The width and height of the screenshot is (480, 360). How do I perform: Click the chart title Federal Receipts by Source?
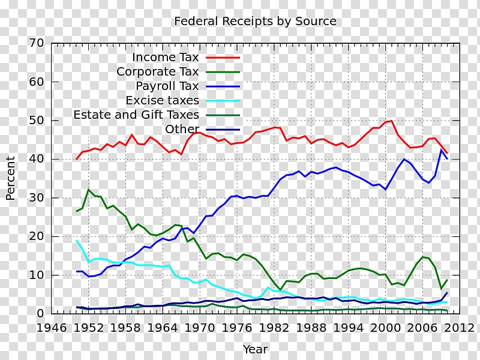pyautogui.click(x=255, y=22)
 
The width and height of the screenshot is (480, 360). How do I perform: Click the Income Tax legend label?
pyautogui.click(x=165, y=58)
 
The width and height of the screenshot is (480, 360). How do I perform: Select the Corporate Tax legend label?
pyautogui.click(x=158, y=72)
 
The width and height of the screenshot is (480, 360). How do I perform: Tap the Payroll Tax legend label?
pyautogui.click(x=167, y=86)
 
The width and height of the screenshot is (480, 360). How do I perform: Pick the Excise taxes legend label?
pyautogui.click(x=162, y=100)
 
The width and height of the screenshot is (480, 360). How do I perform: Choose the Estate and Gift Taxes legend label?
pyautogui.click(x=136, y=115)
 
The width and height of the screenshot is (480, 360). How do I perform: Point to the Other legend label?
pyautogui.click(x=182, y=129)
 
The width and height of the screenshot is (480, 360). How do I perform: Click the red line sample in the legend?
pyautogui.click(x=223, y=58)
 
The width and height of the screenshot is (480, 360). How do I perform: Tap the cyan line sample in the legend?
pyautogui.click(x=223, y=100)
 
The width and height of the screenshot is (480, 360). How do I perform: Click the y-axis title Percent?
pyautogui.click(x=11, y=178)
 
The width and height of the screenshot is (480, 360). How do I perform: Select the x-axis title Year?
pyautogui.click(x=255, y=349)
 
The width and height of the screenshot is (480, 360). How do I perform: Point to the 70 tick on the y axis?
pyautogui.click(x=37, y=43)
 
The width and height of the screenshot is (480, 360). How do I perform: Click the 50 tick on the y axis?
pyautogui.click(x=37, y=121)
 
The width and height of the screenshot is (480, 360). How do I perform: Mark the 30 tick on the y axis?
pyautogui.click(x=37, y=198)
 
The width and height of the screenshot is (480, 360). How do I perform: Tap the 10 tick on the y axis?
pyautogui.click(x=37, y=275)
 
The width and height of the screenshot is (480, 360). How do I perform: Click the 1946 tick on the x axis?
pyautogui.click(x=52, y=328)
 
